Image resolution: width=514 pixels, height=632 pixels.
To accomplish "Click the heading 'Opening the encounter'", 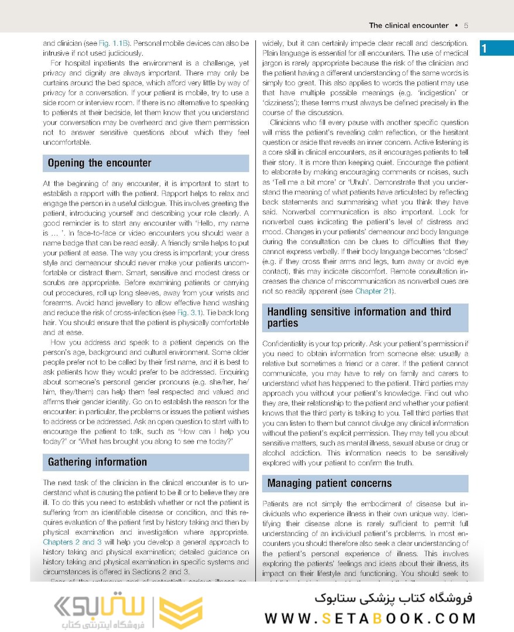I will pyautogui.click(x=100, y=163).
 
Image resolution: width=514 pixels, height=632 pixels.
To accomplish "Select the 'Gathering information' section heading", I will pyautogui.click(x=97, y=462).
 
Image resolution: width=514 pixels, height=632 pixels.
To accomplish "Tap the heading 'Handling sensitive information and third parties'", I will pyautogui.click(x=359, y=317).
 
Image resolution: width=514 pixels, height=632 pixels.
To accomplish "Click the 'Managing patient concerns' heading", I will pyautogui.click(x=330, y=483).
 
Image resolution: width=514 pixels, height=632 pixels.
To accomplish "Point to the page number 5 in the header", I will pyautogui.click(x=465, y=25).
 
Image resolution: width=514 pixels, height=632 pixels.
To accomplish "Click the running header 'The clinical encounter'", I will pyautogui.click(x=408, y=25).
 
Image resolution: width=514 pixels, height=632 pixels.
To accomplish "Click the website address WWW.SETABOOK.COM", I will pyautogui.click(x=370, y=619).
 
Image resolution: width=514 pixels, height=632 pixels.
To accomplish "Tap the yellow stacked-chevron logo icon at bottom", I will pyautogui.click(x=180, y=612).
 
